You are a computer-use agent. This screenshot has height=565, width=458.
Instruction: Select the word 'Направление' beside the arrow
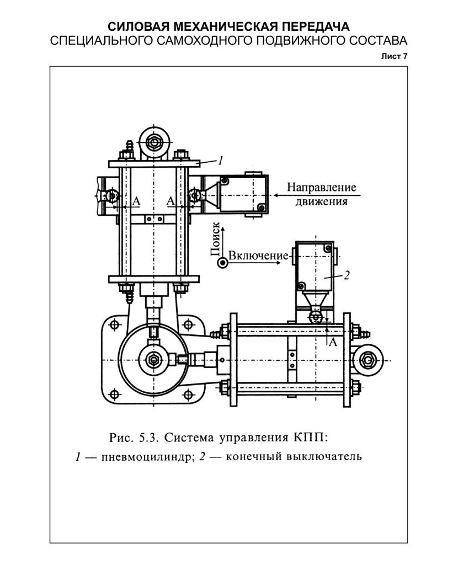[x=321, y=187]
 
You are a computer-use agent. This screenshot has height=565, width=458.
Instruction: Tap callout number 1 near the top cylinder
[x=220, y=161]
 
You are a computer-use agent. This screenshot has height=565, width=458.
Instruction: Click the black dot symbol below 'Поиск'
[x=222, y=263]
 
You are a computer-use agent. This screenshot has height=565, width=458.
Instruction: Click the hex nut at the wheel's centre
[x=152, y=360]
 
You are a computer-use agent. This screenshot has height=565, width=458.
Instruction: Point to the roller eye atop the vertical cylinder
[x=152, y=142]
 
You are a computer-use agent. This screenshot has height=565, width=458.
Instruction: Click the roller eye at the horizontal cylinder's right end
[x=368, y=360]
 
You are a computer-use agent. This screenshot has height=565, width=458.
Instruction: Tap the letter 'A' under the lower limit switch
[x=333, y=343]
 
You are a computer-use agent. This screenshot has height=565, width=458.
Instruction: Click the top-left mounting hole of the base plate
[x=115, y=324]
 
